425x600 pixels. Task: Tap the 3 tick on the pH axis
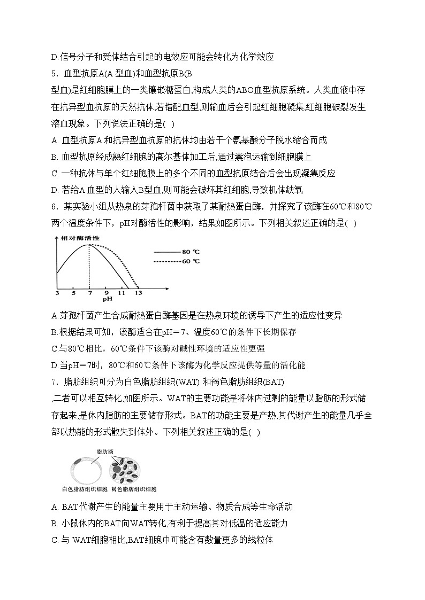pos(57,293)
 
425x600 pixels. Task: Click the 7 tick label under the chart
pos(89,293)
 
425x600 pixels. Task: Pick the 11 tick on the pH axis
pos(122,293)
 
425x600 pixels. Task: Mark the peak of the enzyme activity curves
pos(89,245)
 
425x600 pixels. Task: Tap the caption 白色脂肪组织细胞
pos(85,489)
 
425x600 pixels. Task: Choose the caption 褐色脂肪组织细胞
pos(134,489)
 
